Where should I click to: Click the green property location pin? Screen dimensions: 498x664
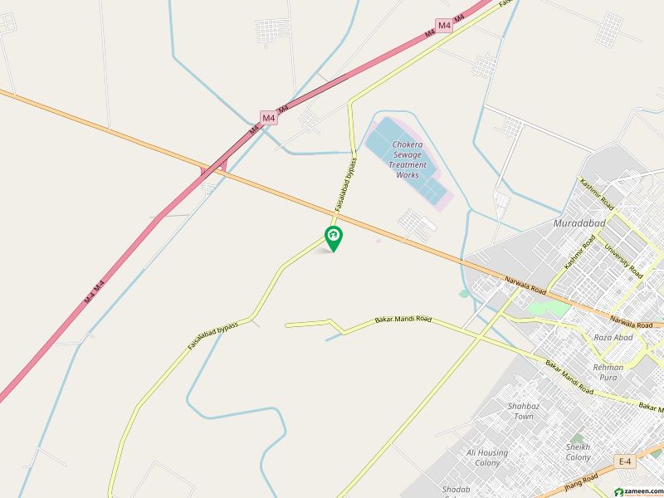click(334, 237)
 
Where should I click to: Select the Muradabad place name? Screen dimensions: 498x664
click(579, 223)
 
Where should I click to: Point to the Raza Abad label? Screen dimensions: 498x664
click(613, 338)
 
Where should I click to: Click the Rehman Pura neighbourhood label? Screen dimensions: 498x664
click(608, 372)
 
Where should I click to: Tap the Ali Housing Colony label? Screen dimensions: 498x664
click(487, 457)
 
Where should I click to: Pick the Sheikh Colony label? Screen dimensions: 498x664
click(579, 452)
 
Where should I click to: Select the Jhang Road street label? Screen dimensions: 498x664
click(579, 482)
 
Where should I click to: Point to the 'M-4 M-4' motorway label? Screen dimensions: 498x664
click(95, 290)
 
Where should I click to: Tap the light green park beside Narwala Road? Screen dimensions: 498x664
click(549, 309)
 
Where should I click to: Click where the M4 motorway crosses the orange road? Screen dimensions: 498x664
click(213, 169)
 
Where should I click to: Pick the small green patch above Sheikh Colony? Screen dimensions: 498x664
click(576, 437)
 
